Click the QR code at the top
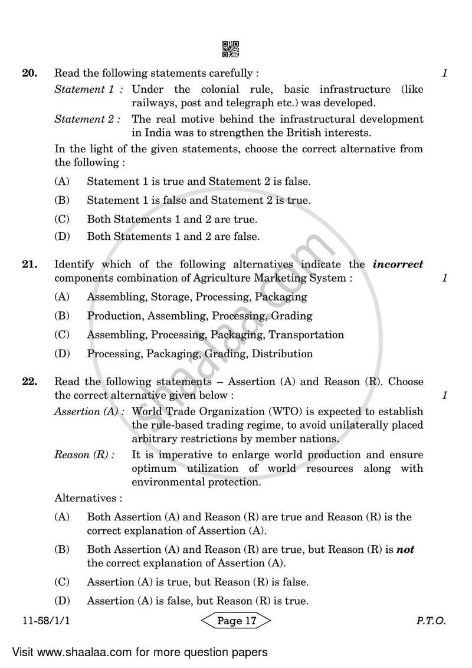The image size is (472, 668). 231,49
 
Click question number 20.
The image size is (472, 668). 29,74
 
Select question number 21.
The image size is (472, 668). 29,265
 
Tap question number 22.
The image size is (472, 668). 29,382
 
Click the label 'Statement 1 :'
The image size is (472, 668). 89,90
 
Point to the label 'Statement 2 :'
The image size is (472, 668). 89,119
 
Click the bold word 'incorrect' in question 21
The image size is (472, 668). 398,265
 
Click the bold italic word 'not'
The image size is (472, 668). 405,550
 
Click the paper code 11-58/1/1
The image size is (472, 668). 42,621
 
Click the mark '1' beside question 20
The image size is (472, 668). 444,74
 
